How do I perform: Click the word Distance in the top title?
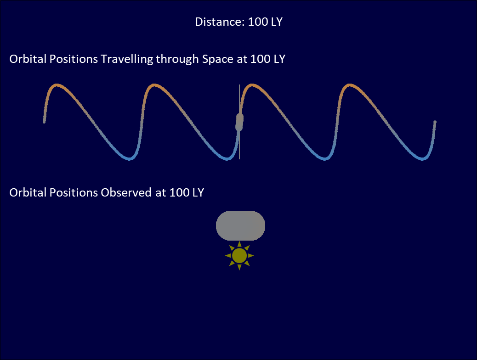click(x=220, y=22)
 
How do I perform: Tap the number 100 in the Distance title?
click(x=258, y=22)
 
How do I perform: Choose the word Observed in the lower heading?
click(x=126, y=192)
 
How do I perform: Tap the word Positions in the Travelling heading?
click(x=74, y=59)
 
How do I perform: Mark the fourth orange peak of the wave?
click(x=350, y=85)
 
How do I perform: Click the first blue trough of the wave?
click(x=130, y=158)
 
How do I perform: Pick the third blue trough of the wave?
click(x=324, y=158)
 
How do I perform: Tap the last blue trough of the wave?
click(x=422, y=158)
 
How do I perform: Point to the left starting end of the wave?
click(x=44, y=122)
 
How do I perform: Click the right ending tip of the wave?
click(x=435, y=122)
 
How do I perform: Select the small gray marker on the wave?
click(x=239, y=122)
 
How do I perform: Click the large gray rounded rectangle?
click(x=240, y=225)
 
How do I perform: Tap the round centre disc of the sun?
click(x=239, y=256)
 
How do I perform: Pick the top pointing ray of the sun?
click(x=239, y=244)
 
